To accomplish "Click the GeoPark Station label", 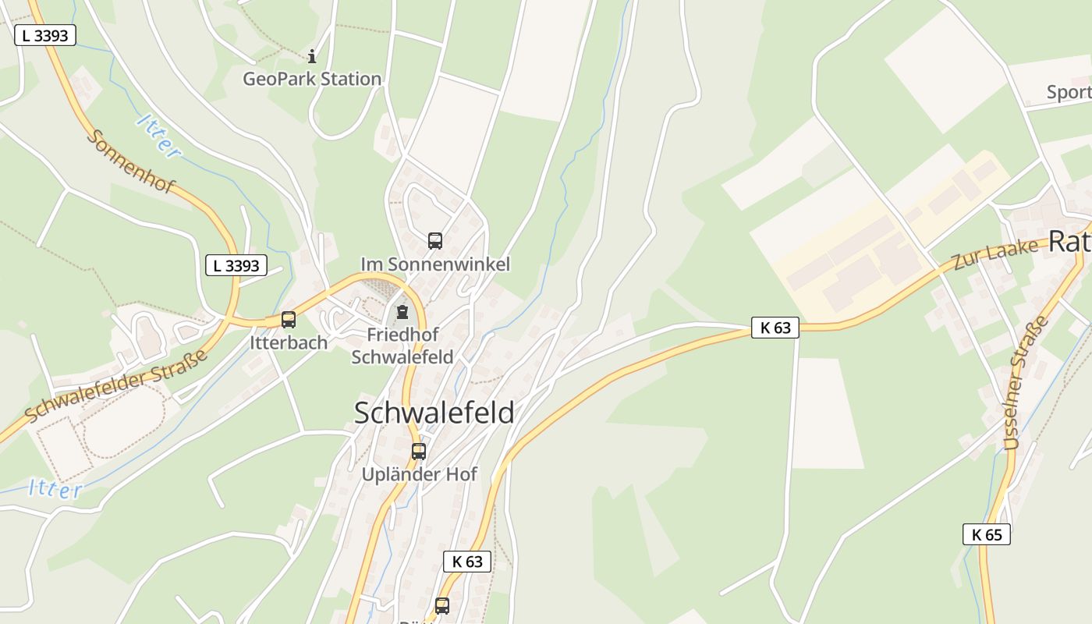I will coord(312,79).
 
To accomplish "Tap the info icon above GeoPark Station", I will coord(312,56).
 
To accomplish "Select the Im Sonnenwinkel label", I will coord(435,264).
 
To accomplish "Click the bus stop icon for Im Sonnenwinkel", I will coord(435,241).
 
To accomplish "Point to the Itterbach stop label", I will coord(289,342).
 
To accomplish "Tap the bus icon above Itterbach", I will coord(289,320).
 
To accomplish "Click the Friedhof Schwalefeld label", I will coord(402,346).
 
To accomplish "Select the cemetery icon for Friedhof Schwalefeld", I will coord(402,313).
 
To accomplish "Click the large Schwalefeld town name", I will coord(434,413).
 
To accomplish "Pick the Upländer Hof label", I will coord(420,474).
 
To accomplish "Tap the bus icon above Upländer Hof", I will coord(419,451).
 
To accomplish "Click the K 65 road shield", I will coord(986,534).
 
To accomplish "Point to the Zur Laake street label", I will coord(996,254).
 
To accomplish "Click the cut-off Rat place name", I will coord(1069,242).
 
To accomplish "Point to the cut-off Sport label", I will coord(1069,92).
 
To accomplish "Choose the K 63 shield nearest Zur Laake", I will coord(775,328).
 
